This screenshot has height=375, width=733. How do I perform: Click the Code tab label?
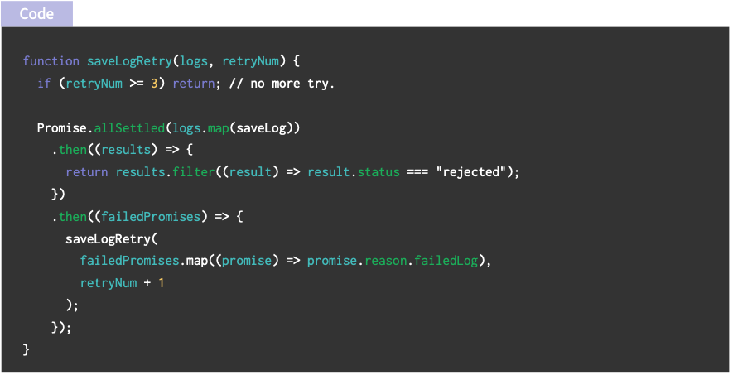[36, 13]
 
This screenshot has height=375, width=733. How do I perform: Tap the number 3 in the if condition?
[154, 84]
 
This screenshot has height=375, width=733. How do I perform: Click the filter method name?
[186, 172]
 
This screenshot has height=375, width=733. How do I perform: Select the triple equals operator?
[417, 172]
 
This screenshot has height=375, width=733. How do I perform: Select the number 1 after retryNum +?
[162, 283]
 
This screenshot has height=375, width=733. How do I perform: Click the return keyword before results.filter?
[87, 172]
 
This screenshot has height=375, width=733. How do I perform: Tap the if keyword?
[44, 84]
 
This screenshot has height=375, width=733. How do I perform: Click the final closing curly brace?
[27, 349]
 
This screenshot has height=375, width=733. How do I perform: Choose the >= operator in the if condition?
[137, 84]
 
